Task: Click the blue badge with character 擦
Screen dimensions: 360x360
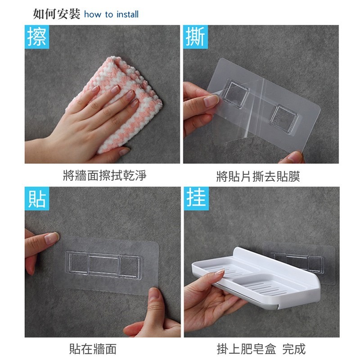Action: click(37, 37)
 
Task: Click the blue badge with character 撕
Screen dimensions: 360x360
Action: click(195, 37)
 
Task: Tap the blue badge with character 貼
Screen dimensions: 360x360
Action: click(37, 198)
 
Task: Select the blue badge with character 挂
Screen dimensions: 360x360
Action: click(196, 198)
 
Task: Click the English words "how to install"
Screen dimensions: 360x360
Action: click(111, 14)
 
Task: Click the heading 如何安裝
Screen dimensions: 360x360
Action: click(57, 14)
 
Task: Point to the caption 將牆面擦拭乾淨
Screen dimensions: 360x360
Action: click(105, 175)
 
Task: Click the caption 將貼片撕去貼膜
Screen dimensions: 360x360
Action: click(258, 176)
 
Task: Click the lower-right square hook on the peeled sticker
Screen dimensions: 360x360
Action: click(282, 120)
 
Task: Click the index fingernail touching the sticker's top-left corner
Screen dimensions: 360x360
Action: click(51, 238)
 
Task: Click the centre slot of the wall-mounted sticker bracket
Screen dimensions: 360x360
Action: click(104, 265)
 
